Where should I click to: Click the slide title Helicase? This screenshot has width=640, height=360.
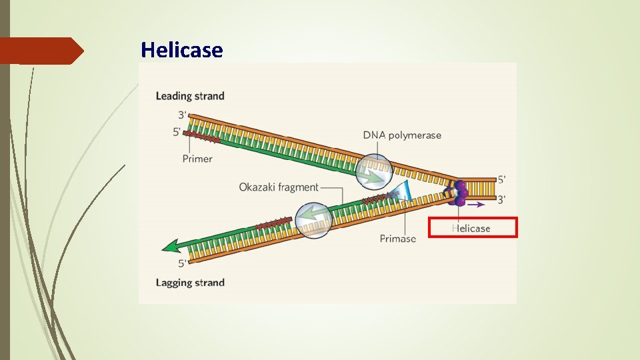click(181, 50)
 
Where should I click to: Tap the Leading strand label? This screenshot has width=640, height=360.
click(190, 96)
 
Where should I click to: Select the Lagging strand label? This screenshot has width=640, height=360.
click(190, 283)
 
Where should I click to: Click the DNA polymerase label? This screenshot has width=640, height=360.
click(402, 135)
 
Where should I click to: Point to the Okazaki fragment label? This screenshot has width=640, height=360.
click(279, 187)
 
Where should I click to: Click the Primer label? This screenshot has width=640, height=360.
click(197, 159)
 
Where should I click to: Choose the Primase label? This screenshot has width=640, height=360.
click(398, 238)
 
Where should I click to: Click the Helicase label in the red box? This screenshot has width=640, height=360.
click(471, 229)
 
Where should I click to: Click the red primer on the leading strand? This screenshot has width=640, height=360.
click(201, 139)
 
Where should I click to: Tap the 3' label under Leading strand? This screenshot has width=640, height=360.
click(182, 115)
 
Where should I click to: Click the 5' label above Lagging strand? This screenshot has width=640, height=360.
click(182, 264)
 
